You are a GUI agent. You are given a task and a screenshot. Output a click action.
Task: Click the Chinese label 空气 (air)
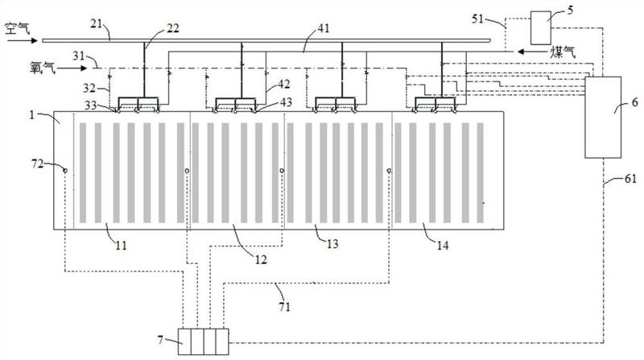pyautogui.click(x=18, y=29)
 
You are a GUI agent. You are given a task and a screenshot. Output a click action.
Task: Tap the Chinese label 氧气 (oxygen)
pyautogui.click(x=43, y=67)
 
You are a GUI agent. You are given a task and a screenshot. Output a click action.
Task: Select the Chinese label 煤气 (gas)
pyautogui.click(x=563, y=52)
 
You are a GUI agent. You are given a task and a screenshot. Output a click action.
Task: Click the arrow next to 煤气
pyautogui.click(x=528, y=52)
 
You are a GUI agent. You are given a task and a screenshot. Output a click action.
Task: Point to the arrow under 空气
pyautogui.click(x=23, y=41)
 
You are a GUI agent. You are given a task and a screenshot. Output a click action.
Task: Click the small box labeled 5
pyautogui.click(x=541, y=28)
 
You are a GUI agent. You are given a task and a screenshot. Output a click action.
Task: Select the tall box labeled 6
pyautogui.click(x=603, y=117)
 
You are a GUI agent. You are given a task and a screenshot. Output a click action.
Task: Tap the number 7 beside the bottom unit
pyautogui.click(x=160, y=340)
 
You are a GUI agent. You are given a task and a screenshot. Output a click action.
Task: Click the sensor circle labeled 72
pyautogui.click(x=65, y=170)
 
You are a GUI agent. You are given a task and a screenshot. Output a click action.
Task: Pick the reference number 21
pyautogui.click(x=96, y=24)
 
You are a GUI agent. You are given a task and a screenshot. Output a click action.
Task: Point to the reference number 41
pyautogui.click(x=324, y=28)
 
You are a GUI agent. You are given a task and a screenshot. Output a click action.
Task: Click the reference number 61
pyautogui.click(x=630, y=179)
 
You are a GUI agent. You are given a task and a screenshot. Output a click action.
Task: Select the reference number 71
pyautogui.click(x=285, y=307)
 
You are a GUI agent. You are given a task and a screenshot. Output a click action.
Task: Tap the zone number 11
pyautogui.click(x=121, y=246)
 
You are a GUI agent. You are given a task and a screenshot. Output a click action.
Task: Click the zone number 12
pyautogui.click(x=261, y=259)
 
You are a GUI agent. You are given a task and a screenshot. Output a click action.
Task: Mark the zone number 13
pyautogui.click(x=332, y=244)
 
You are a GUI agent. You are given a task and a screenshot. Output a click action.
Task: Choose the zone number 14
pyautogui.click(x=442, y=246)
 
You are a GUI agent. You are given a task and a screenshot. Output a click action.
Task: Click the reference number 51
pyautogui.click(x=477, y=19)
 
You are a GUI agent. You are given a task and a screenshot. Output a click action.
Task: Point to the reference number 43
pyautogui.click(x=286, y=101)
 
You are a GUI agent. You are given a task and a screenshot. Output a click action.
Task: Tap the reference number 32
pyautogui.click(x=89, y=88)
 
